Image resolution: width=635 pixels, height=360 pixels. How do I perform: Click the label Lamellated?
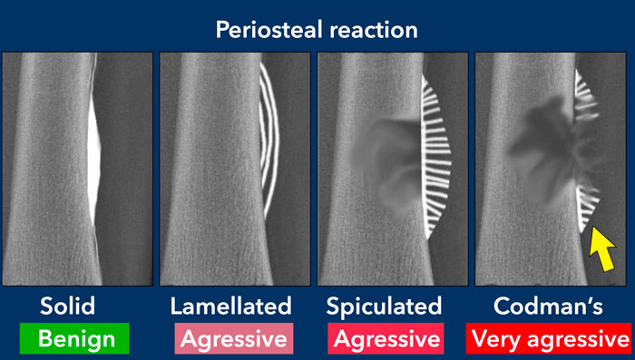230,306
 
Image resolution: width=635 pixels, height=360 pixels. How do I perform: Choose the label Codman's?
551,306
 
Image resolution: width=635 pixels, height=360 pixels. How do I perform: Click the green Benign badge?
74,339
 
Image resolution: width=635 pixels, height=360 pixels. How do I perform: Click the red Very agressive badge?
550,339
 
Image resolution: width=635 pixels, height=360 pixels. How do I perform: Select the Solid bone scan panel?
76,169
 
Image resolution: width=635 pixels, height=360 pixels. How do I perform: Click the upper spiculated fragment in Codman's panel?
585,95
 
